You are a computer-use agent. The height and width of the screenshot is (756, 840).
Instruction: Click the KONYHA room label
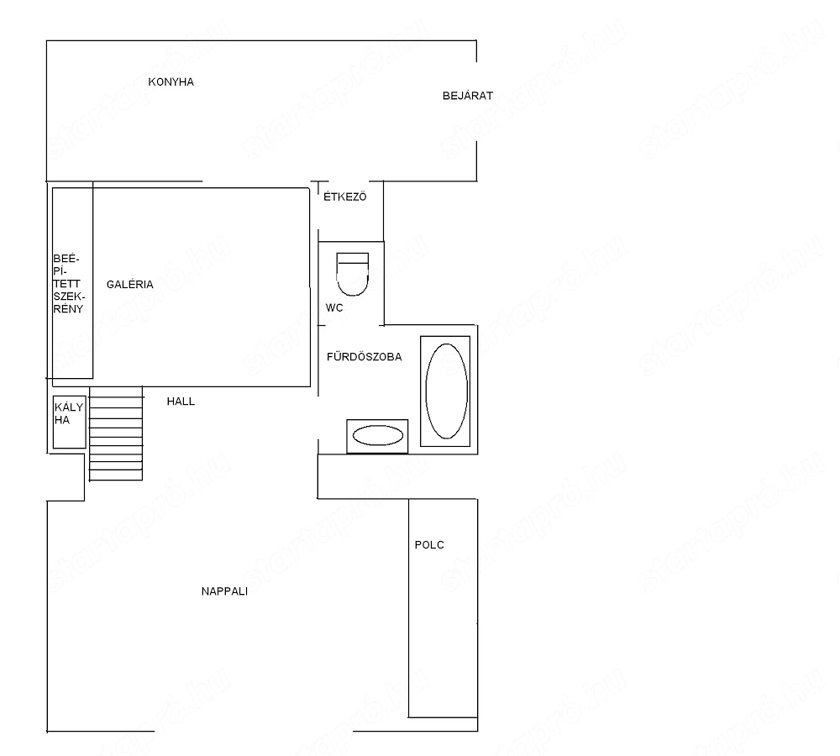point(171,82)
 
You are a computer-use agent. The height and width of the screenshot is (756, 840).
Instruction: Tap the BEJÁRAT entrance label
point(468,96)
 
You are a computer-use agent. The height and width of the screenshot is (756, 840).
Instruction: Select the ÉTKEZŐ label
point(345,197)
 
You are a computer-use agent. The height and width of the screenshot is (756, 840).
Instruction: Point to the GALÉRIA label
point(129,284)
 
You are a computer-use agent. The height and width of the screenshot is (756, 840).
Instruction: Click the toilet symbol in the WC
point(353,275)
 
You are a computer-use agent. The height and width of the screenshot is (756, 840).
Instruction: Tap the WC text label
point(334,308)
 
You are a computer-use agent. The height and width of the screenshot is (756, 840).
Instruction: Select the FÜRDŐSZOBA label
point(365,356)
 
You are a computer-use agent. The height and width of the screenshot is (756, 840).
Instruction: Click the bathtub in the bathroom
point(446,391)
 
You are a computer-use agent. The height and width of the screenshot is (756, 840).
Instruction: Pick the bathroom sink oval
point(378,436)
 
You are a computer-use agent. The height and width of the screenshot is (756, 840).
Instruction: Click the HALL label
point(181,402)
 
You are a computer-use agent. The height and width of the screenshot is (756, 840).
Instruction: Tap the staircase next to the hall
point(116,433)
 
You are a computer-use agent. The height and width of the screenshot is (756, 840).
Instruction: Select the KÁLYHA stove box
point(70,422)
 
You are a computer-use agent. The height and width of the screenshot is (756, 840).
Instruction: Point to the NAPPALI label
point(224,591)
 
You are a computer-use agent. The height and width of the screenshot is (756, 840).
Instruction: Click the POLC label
point(429,545)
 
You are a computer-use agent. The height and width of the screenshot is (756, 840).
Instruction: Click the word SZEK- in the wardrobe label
point(69,297)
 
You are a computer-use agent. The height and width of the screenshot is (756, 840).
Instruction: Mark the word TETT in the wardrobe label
point(66,284)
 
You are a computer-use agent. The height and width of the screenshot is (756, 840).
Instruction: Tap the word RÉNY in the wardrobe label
point(68,309)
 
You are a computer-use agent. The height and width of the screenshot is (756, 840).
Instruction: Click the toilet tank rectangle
point(353,258)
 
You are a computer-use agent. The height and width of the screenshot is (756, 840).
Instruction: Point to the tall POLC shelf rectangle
point(443,608)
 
